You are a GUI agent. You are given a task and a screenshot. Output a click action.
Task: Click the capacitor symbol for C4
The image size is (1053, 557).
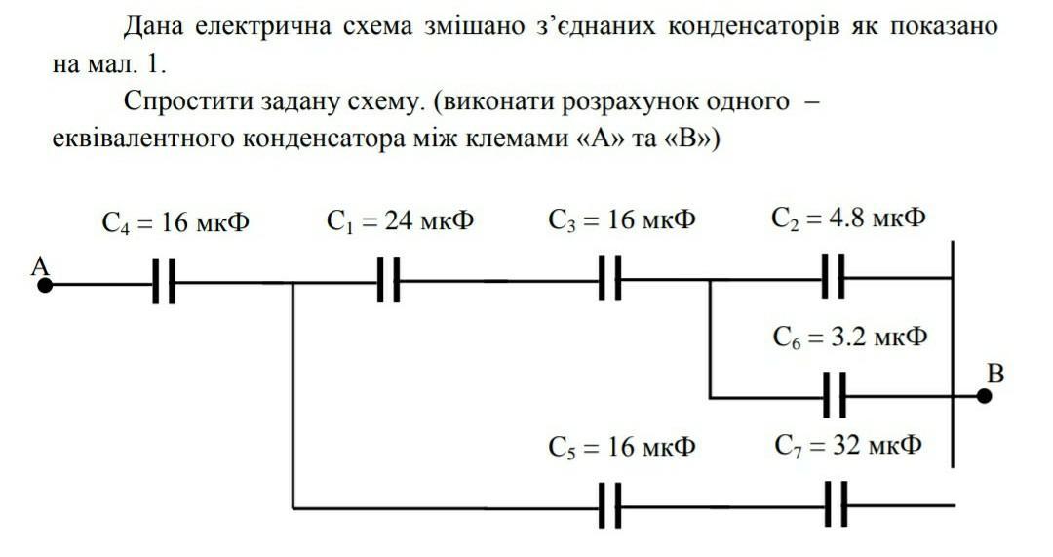[165, 283]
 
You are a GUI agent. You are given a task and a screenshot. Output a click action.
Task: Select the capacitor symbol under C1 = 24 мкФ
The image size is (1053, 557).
[388, 282]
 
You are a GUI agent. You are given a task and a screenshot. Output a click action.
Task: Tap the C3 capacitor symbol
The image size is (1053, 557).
[609, 282]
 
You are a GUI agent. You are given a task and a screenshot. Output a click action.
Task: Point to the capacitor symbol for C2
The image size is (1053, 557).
[833, 278]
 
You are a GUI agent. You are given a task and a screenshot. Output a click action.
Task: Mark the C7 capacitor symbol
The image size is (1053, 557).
[834, 507]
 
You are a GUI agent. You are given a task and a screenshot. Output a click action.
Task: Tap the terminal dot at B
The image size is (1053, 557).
[985, 397]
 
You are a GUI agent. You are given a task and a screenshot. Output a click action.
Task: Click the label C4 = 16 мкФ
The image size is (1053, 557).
[175, 222]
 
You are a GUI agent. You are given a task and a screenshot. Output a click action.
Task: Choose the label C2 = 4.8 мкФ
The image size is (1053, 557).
[847, 219]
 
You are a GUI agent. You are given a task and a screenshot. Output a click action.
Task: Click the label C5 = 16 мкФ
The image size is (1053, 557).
[621, 448]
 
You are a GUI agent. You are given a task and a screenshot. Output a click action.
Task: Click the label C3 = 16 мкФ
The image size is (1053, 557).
[621, 220]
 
